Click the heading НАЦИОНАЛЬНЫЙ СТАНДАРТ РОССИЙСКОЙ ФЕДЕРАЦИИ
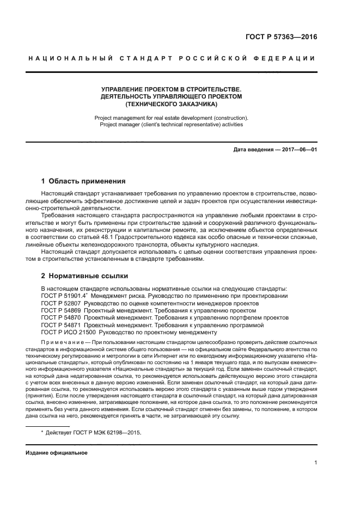(x=171, y=58)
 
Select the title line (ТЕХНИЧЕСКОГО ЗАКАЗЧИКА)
(x=171, y=103)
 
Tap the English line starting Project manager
(x=171, y=125)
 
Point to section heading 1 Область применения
(x=84, y=181)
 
